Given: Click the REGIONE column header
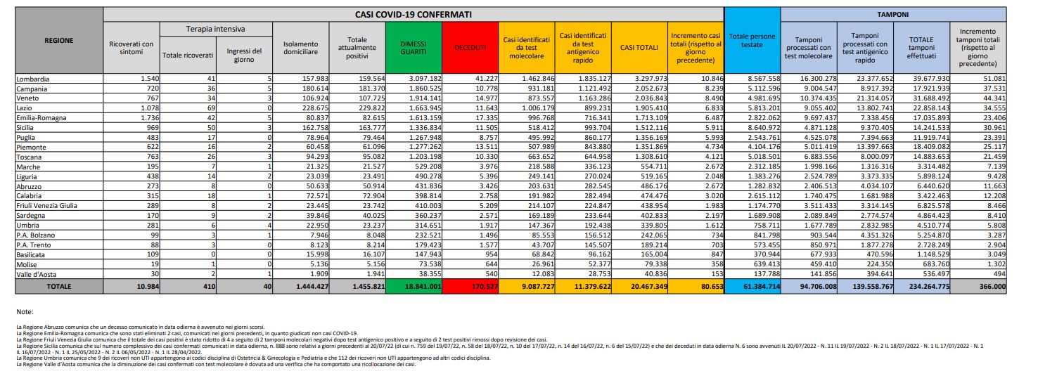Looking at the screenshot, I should (59, 41).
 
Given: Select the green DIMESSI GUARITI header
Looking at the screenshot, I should (414, 48).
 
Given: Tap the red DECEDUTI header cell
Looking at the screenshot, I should (469, 48).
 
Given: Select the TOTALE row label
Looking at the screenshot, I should (59, 286).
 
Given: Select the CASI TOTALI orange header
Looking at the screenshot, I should (639, 48).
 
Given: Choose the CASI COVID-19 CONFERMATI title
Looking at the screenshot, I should (413, 13).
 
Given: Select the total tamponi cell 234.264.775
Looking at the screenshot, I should (922, 287).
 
